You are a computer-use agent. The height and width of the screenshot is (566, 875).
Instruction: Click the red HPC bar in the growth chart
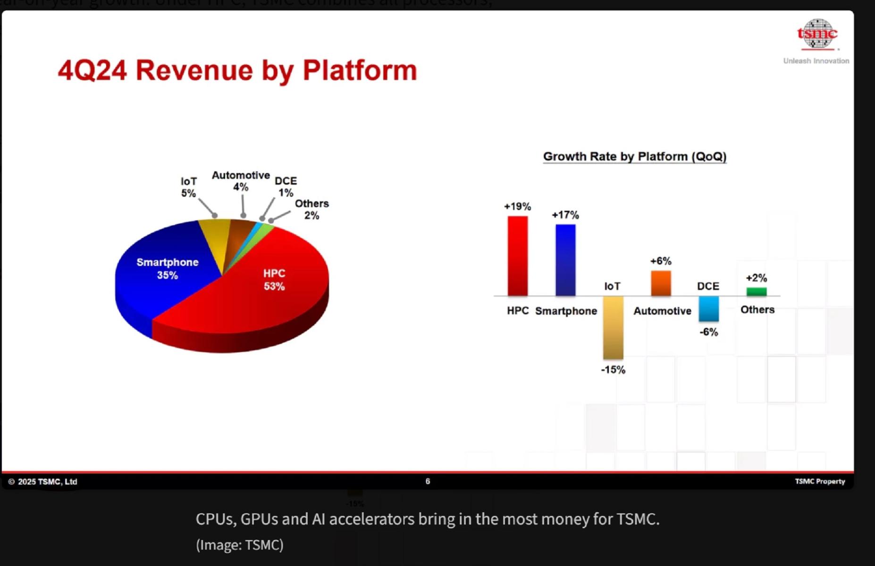517,256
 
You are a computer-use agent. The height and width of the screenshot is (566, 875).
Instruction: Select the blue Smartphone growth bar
565,260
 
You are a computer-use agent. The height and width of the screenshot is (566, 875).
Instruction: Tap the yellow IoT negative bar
613,327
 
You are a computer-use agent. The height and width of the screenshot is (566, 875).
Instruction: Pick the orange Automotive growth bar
661,283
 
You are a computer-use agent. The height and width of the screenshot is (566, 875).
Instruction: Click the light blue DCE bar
708,308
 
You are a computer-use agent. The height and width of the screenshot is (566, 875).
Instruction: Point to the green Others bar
757,291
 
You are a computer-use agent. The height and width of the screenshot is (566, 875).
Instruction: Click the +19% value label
517,207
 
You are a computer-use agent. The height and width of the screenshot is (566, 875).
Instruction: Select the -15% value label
613,370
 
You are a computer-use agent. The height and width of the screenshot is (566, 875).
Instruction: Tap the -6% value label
708,332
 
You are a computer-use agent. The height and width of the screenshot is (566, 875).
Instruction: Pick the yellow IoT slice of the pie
215,241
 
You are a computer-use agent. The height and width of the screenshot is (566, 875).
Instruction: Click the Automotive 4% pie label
241,181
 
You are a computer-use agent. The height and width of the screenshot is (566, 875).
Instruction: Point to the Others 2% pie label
311,209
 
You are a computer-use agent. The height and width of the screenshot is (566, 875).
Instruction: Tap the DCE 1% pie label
286,187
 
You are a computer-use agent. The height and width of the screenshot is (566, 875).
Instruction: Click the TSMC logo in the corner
817,34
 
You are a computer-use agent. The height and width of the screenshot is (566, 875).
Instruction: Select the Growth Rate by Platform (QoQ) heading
634,157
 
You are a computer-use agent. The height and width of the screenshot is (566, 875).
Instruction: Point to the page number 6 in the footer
428,481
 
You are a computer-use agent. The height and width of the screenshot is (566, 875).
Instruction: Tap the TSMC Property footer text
820,481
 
